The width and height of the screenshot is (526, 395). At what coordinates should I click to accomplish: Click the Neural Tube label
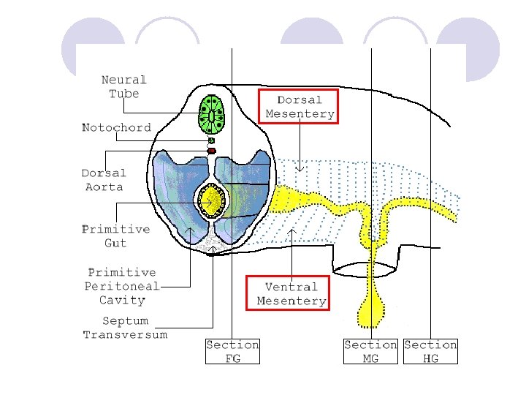123,86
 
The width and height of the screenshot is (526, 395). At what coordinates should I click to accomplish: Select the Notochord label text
116,127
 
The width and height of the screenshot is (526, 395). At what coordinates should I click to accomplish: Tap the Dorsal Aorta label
103,180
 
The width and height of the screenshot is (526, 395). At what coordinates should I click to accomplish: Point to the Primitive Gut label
115,236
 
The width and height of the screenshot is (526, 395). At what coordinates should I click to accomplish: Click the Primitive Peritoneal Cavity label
121,285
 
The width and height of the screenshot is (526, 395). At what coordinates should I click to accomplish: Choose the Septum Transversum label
125,327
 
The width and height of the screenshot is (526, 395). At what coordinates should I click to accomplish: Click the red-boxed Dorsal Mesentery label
300,107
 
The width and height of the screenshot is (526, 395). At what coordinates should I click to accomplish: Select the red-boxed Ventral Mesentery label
291,293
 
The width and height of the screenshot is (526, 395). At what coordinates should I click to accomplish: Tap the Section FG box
232,350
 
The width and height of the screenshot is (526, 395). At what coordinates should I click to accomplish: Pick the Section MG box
370,350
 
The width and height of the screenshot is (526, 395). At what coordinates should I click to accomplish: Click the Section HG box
430,350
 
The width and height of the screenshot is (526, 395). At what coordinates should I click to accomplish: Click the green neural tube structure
212,113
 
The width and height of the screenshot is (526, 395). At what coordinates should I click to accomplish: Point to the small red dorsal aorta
212,151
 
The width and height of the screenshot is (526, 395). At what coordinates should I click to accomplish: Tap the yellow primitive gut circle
212,200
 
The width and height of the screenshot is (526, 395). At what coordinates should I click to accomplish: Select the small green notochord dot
212,140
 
